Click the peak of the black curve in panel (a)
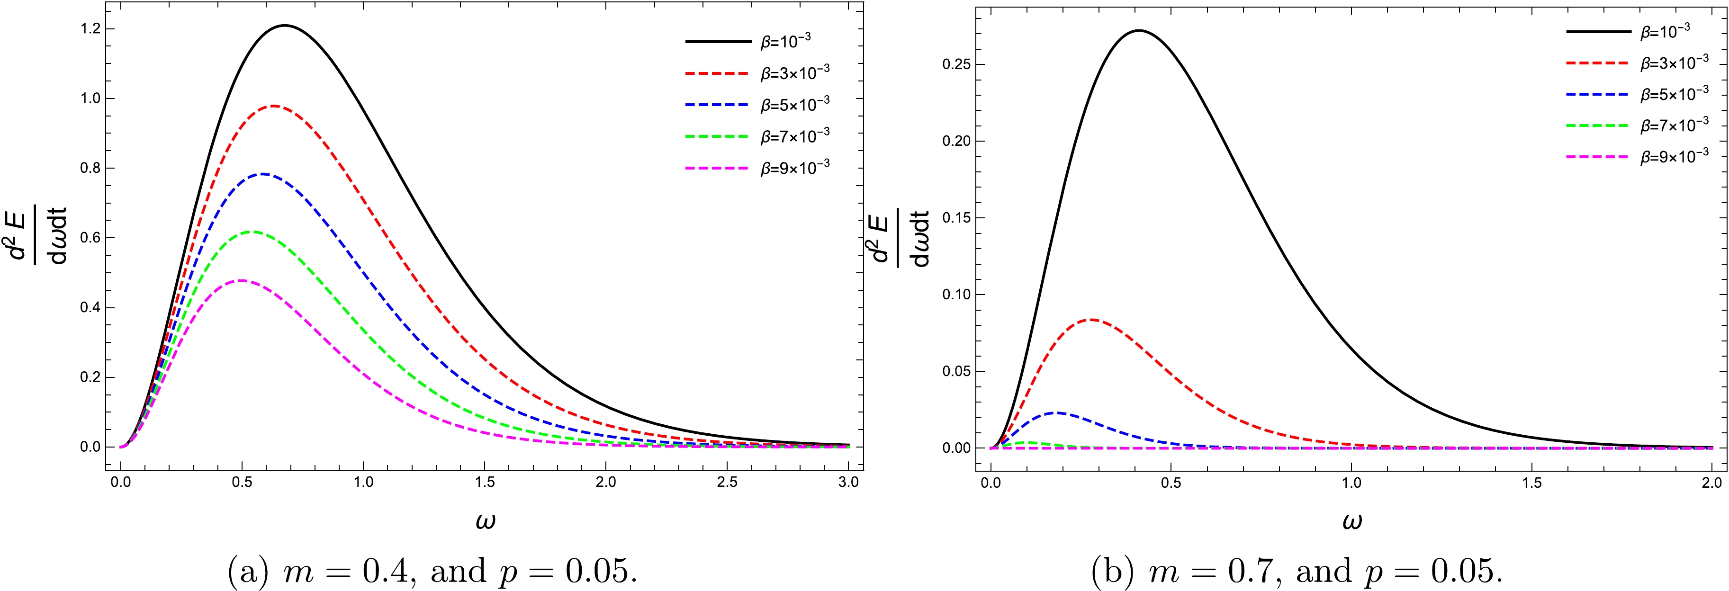click(285, 26)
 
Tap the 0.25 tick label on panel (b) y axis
click(956, 64)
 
